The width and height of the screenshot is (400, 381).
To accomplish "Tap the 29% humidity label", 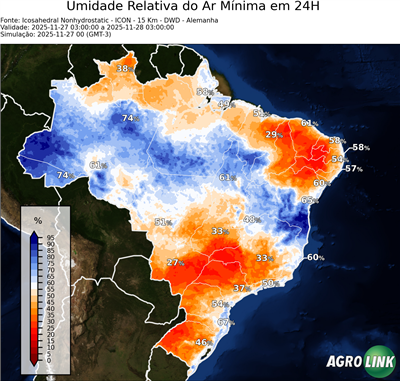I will [273, 134].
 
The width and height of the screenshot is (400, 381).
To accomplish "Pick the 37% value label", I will [241, 288].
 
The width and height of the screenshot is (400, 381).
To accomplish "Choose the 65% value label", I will [309, 200].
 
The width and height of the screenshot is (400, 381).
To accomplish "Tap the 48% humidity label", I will [252, 219].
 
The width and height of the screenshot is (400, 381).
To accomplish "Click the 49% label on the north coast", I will [225, 103].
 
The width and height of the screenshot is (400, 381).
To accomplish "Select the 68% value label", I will [203, 92].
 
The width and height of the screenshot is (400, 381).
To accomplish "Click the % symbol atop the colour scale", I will [38, 218].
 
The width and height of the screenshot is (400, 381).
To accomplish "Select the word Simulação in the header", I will [21, 37].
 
